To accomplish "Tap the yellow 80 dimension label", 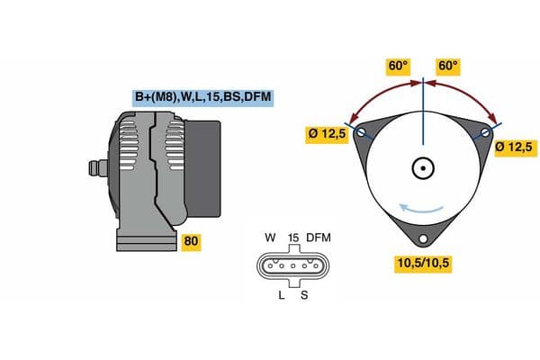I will [x=191, y=241].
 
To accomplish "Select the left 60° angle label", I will [x=398, y=66].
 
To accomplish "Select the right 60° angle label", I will [x=448, y=66].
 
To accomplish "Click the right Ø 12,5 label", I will [x=515, y=148].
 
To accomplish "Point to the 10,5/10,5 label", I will [x=422, y=263].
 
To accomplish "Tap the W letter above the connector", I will [x=270, y=238].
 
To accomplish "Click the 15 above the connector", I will [x=293, y=238].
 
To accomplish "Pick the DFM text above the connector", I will [x=319, y=238].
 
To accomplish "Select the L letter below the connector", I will [x=282, y=294].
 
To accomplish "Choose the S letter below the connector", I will [x=303, y=294].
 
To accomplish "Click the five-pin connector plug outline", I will [x=292, y=265].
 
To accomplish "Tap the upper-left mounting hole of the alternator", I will [x=362, y=133].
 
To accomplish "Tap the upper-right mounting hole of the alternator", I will [x=486, y=133].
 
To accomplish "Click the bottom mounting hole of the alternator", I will [x=423, y=238].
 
